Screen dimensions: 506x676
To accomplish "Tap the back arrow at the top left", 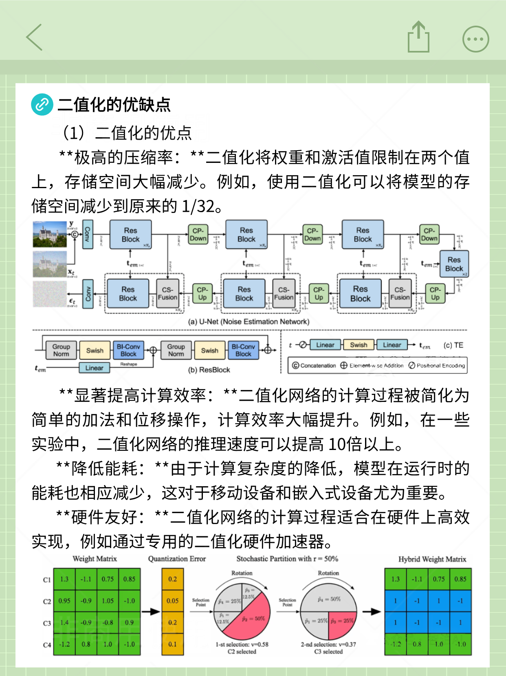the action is point(34,37).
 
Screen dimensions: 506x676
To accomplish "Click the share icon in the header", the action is point(418,37).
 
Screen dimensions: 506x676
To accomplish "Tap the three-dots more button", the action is point(475,39).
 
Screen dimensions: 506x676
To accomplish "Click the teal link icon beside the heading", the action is point(42,104).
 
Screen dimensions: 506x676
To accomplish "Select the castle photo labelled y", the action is point(50,234).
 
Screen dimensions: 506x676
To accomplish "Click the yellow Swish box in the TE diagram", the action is point(359,345).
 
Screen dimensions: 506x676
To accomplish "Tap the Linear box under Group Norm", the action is point(94,368).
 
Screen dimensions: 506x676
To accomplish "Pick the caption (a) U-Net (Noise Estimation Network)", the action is point(249,322).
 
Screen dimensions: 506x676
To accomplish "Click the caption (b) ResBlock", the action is point(209,370).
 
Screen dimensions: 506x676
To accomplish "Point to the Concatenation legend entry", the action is point(314,366).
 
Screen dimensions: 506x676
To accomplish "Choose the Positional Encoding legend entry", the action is point(437,366).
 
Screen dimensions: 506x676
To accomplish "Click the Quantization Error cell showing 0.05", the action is point(172,601).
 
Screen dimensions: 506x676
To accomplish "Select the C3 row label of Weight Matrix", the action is point(47,623).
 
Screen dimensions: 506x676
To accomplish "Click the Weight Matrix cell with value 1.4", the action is point(64,623).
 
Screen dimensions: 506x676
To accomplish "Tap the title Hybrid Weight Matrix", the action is point(432,559).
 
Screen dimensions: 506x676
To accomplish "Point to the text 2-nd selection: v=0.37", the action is point(328,644).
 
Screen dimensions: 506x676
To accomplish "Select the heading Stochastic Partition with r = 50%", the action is point(287,559).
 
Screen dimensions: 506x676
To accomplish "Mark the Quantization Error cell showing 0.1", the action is point(172,644).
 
